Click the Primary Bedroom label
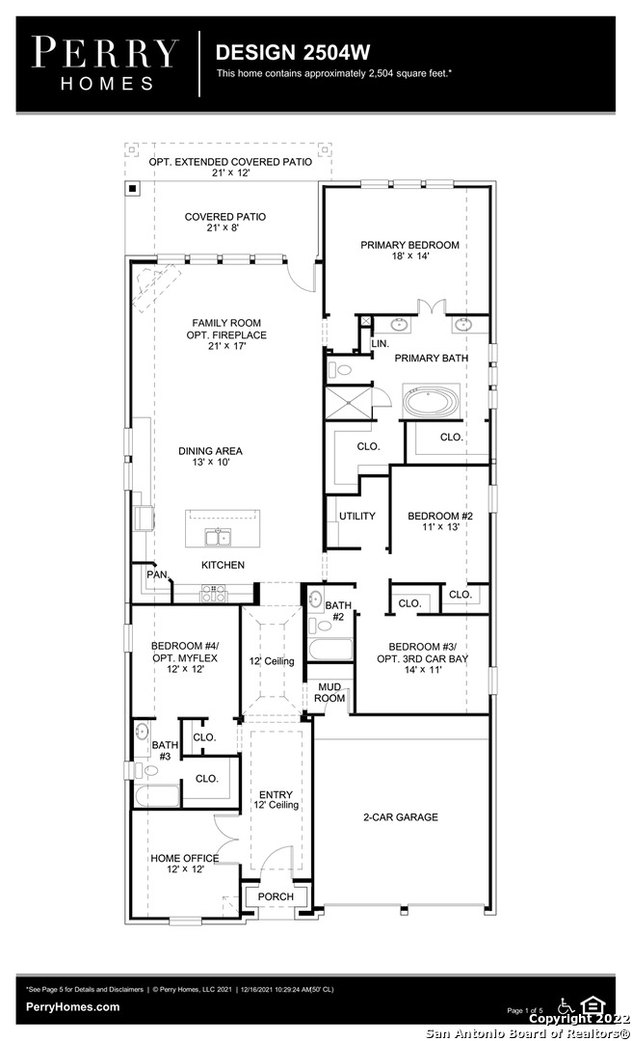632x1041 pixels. pos(409,250)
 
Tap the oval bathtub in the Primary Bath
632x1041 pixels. pos(431,402)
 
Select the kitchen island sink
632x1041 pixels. pos(218,537)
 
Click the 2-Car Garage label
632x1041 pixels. pos(401,817)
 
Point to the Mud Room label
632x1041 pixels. pos(329,692)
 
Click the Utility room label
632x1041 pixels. pos(357,516)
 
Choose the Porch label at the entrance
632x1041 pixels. pos(276,896)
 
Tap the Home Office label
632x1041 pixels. pos(185,863)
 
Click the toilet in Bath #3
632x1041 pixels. pos(148,771)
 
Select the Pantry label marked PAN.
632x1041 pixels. pos(157,574)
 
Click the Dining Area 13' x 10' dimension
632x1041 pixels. pos(210,462)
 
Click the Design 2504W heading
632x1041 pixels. pos(293,52)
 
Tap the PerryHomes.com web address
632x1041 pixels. pos(73,1006)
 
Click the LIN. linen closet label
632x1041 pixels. pos(381,344)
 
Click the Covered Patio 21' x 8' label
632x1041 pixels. pos(225,222)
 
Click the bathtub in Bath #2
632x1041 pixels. pos(330,649)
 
